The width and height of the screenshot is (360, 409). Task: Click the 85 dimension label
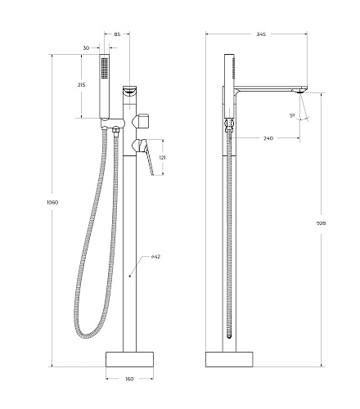[117, 34]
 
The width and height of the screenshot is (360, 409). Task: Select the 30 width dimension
[86, 48]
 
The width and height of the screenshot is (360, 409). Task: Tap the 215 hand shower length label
[81, 85]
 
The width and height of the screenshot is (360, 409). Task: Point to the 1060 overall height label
[52, 202]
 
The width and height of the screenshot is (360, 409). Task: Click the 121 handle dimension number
[163, 157]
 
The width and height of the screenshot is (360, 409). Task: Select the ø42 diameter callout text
[155, 257]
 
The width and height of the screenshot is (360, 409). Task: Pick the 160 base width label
[129, 379]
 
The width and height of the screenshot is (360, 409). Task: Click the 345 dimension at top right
[261, 34]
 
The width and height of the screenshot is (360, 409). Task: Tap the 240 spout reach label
[268, 138]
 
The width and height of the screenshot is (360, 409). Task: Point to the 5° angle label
[292, 115]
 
